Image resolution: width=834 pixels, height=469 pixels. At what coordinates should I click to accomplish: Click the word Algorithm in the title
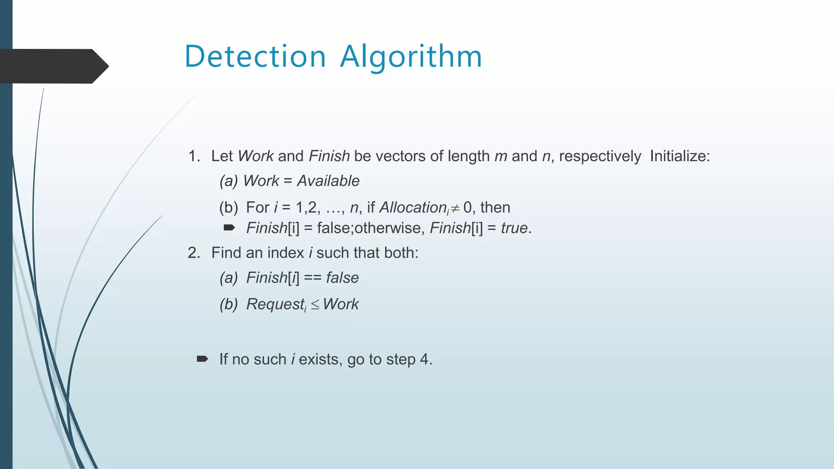pos(411,57)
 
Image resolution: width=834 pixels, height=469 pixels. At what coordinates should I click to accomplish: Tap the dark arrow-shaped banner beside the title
pos(53,66)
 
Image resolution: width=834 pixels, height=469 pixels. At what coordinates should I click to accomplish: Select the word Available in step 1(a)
pos(328,181)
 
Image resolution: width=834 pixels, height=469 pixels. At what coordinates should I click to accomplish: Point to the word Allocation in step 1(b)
pos(413,208)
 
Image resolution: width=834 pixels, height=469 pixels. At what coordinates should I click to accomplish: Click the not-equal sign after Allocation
pos(455,208)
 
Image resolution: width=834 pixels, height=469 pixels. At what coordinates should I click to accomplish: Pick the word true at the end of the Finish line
pos(514,228)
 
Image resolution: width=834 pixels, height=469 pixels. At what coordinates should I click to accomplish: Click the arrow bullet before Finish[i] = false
pos(229,228)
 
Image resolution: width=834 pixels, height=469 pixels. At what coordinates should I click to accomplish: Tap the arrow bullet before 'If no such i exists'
pos(202,359)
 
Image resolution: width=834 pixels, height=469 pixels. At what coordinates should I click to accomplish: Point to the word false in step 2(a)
pos(342,278)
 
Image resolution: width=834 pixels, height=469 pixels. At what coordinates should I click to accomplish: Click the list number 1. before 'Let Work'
pos(194,156)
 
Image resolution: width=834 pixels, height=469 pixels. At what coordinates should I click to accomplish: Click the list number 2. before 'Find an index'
pos(194,253)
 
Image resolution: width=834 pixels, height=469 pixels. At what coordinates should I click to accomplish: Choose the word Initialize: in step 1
pos(680,156)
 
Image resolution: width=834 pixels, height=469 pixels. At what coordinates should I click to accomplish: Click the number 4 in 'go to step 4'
pos(424,359)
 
